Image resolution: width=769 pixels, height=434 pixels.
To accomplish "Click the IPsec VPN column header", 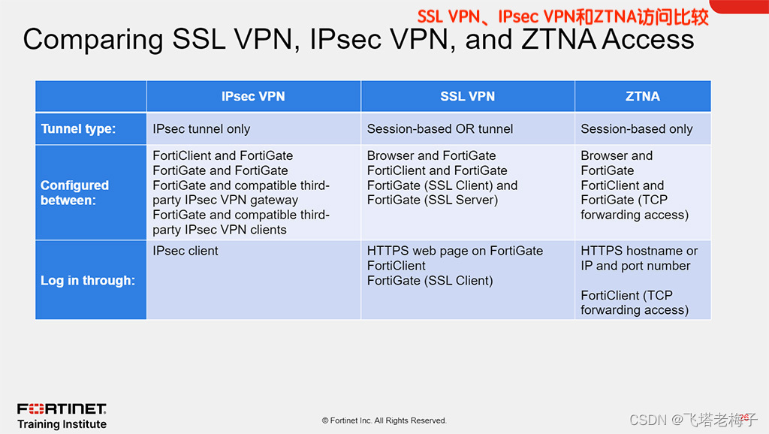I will tap(253, 96).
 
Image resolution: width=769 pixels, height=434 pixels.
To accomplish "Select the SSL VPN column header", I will tap(467, 96).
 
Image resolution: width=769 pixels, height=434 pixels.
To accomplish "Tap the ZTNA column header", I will tap(642, 96).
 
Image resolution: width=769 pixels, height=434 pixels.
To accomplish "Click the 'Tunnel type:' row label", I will tap(78, 129).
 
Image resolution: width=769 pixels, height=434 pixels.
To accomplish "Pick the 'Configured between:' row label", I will tap(74, 192).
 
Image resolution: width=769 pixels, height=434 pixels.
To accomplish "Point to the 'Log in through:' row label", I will tap(87, 281).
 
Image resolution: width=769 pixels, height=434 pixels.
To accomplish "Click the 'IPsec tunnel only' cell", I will tap(201, 129).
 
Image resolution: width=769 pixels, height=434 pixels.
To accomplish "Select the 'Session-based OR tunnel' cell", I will tap(440, 129).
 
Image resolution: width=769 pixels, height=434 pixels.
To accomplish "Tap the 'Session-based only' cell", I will tap(636, 129).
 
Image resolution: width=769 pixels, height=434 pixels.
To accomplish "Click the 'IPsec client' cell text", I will tap(185, 251).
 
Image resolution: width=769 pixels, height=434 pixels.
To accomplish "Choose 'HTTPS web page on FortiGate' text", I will tap(454, 251).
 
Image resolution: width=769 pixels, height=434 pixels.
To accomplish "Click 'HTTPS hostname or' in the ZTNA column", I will tap(639, 251).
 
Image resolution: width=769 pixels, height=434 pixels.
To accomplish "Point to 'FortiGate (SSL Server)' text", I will tap(432, 200).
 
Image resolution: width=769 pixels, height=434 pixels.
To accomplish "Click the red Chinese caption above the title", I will tap(563, 16).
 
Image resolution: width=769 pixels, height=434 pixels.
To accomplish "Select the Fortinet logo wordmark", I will tap(62, 409).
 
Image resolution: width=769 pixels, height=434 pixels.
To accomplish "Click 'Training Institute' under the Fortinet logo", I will tap(62, 424).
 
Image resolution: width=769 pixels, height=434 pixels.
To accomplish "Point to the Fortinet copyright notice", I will tap(384, 420).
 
